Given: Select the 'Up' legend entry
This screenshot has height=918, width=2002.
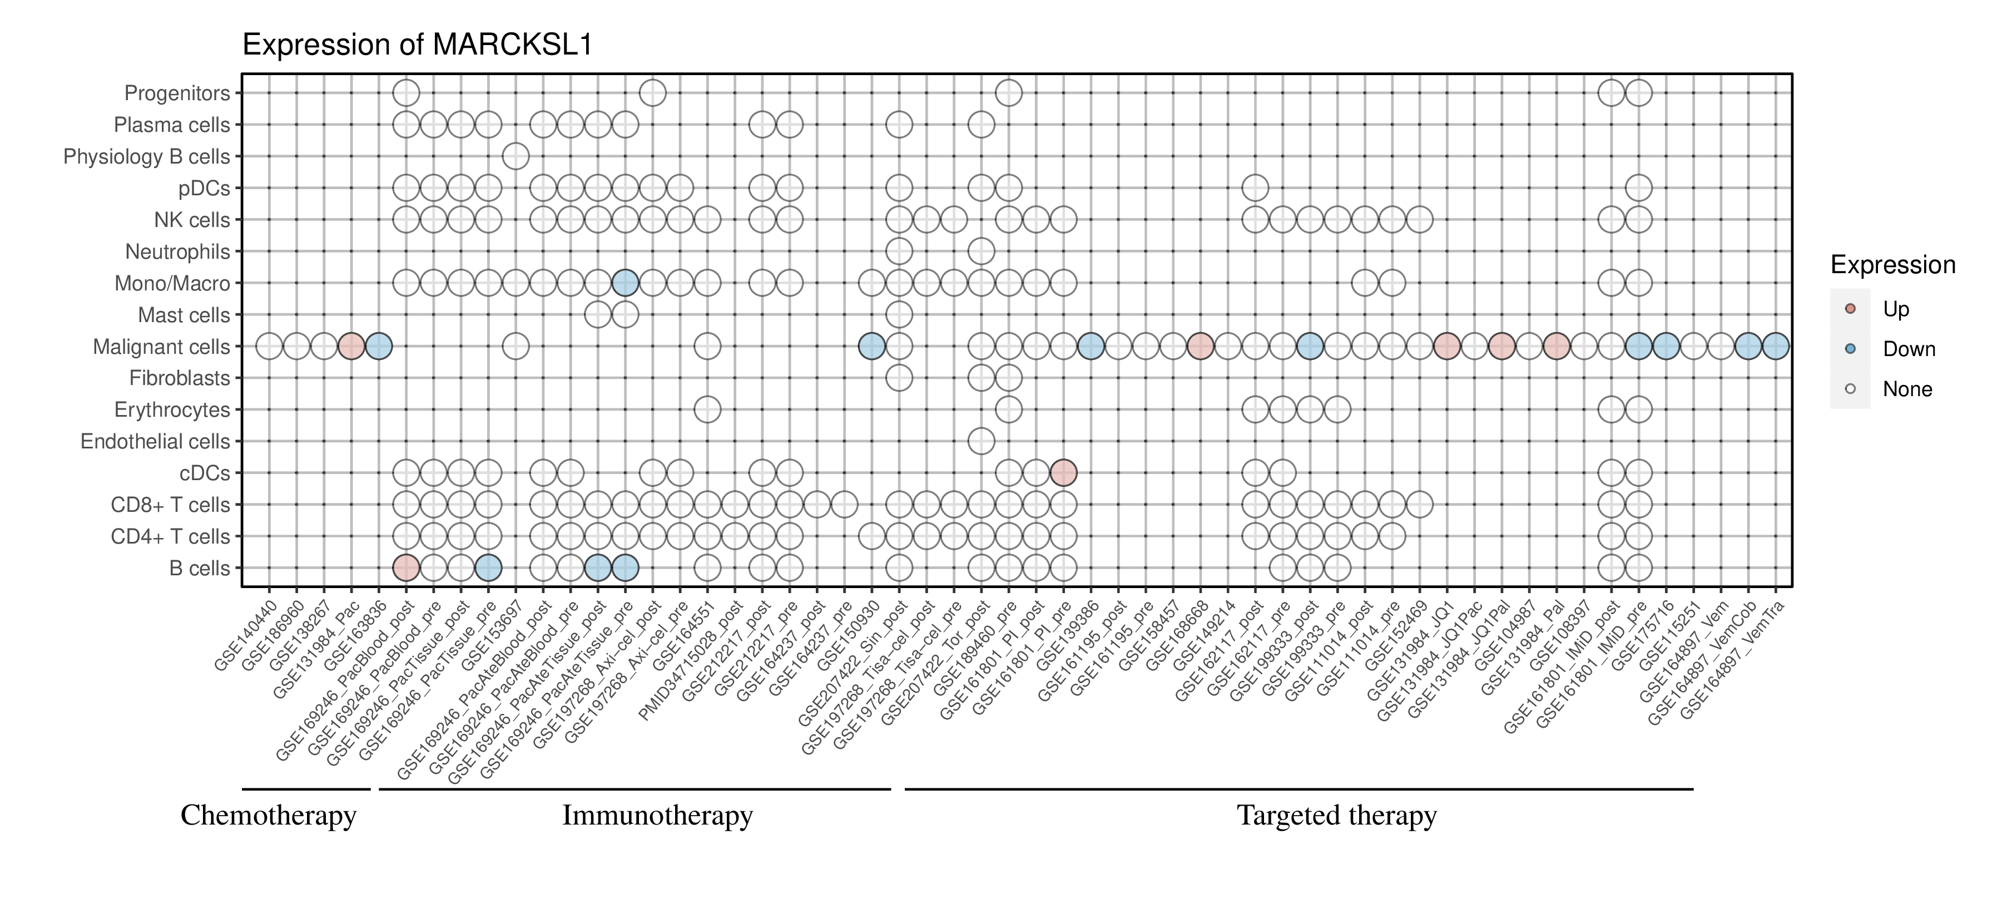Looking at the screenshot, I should click(x=1896, y=309).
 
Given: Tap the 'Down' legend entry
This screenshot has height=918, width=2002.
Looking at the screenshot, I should click(x=1908, y=349).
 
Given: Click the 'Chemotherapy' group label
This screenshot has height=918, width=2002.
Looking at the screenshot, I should click(x=268, y=816).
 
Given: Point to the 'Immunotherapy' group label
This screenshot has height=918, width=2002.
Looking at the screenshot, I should click(x=657, y=816).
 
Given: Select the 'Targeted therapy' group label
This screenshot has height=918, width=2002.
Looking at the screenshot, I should click(x=1337, y=816).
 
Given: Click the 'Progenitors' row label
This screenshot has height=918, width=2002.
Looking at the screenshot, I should click(x=177, y=93).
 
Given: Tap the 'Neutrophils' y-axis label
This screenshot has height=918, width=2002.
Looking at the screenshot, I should click(x=177, y=252).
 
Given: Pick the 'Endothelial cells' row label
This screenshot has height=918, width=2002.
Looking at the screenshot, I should click(x=156, y=442).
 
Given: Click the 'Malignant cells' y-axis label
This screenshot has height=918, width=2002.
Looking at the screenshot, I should click(x=162, y=347).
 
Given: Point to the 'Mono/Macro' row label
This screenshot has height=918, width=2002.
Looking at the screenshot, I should click(x=172, y=284).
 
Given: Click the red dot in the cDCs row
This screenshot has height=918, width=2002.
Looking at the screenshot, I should click(x=1063, y=472).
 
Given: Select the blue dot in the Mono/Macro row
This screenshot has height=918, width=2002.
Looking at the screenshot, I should click(x=625, y=283).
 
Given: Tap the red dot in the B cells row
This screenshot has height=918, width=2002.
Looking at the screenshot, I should click(x=406, y=568).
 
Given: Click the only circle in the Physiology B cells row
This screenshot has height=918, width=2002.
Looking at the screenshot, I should click(x=516, y=156).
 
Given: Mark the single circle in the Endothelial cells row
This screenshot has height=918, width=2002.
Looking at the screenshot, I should click(x=981, y=442).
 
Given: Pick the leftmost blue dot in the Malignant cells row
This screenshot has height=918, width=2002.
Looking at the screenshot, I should click(x=379, y=346).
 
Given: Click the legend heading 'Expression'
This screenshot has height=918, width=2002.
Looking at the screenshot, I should click(x=1892, y=265).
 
